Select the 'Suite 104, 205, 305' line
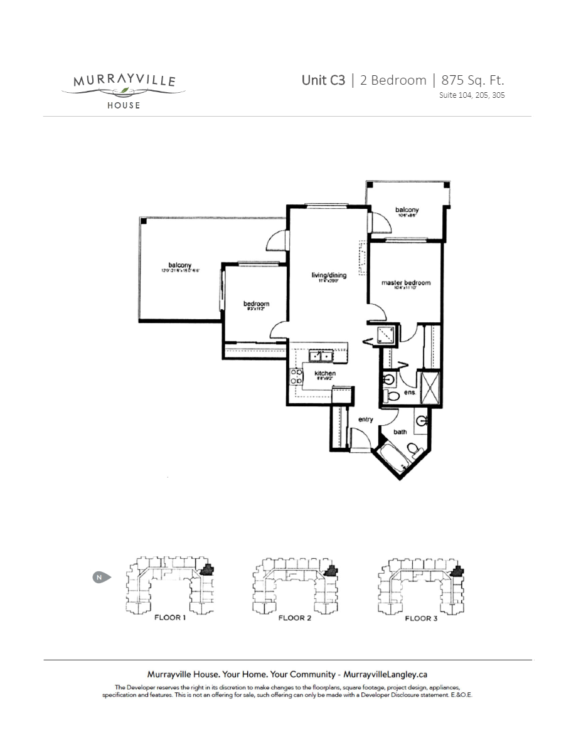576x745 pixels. coord(472,95)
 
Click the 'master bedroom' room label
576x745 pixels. coord(406,283)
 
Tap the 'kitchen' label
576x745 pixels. coord(325,374)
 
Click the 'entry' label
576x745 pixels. coord(366,419)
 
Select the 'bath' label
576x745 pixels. coord(400,432)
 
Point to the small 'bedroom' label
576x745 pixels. coord(256,304)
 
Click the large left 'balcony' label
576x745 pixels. coord(179,265)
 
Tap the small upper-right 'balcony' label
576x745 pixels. coord(407,210)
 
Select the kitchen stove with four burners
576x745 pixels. coord(294,376)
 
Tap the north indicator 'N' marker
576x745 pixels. coord(99,576)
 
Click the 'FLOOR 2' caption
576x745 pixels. coord(295,618)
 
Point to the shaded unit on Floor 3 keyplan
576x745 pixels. coord(458,571)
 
